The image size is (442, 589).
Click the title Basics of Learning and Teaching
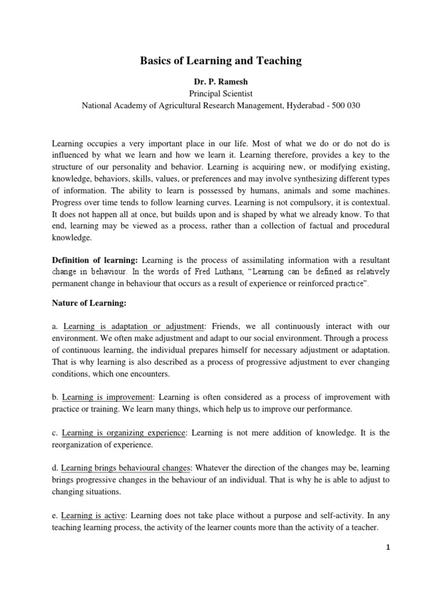221,61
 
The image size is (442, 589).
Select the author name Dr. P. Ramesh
221,81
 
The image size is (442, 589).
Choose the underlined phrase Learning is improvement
108,397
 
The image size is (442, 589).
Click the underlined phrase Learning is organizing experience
124,433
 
